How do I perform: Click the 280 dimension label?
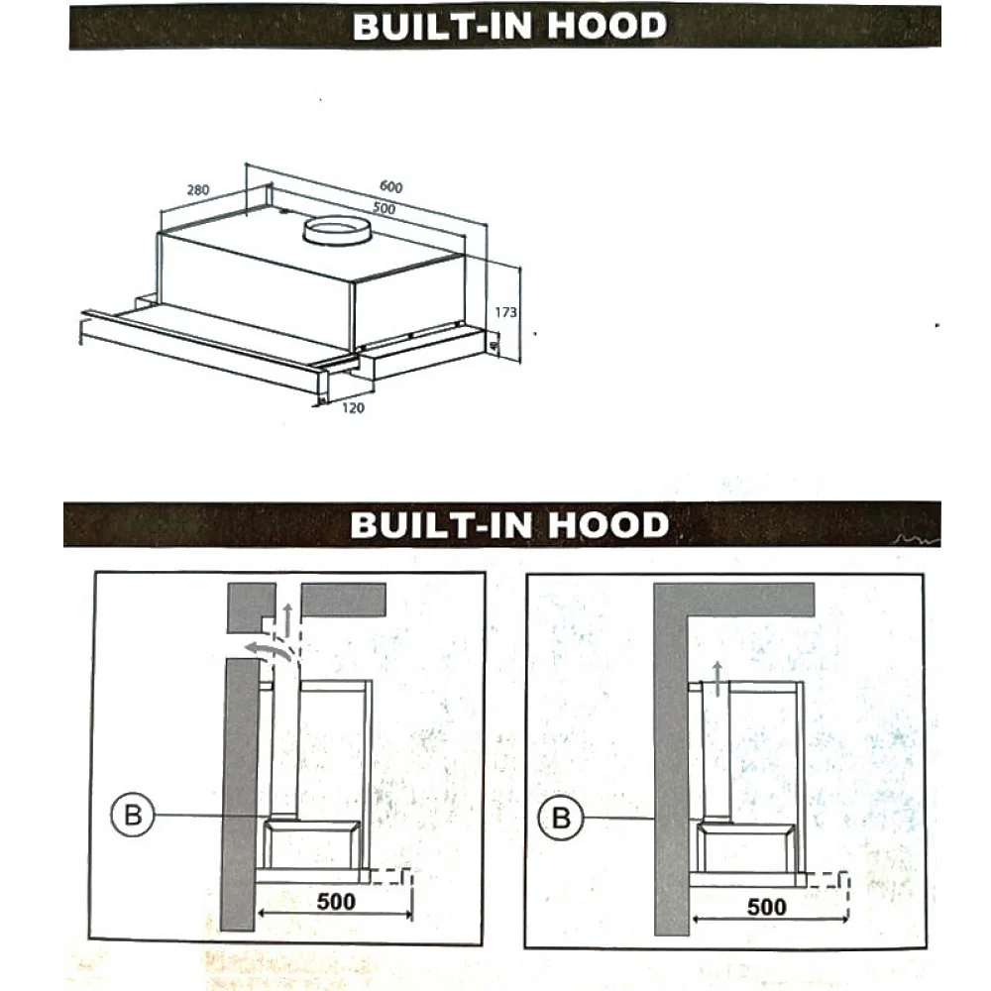(x=198, y=189)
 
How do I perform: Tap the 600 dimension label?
(x=391, y=186)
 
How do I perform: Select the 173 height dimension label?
(x=505, y=312)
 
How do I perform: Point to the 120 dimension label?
(x=354, y=408)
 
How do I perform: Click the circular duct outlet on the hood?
(x=336, y=231)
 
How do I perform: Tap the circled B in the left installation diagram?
(x=133, y=815)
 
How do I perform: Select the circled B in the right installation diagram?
(x=561, y=818)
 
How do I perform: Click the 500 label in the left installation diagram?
(x=336, y=901)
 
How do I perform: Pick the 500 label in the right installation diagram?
(x=767, y=907)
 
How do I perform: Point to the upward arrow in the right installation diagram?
(x=716, y=679)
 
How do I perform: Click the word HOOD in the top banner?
(x=606, y=26)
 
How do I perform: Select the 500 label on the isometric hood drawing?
(x=384, y=208)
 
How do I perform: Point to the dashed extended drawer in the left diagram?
(x=391, y=876)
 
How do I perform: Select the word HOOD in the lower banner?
(x=608, y=525)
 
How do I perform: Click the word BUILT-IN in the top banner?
(x=442, y=26)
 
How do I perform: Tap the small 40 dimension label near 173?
(x=494, y=345)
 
